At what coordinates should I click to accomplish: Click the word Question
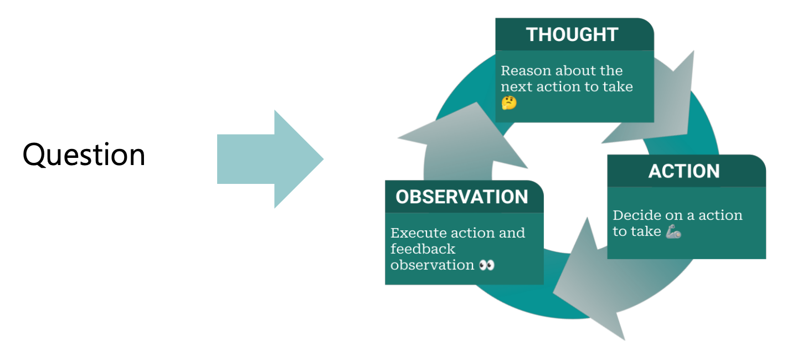84,155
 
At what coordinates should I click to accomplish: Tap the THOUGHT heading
572,34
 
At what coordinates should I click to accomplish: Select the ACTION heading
684,171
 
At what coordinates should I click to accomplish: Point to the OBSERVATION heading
462,197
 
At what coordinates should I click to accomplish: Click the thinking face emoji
508,103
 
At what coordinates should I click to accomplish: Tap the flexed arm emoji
673,232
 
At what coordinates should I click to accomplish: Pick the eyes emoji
486,265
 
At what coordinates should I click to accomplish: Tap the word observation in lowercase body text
432,265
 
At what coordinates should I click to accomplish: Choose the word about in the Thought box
573,71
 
